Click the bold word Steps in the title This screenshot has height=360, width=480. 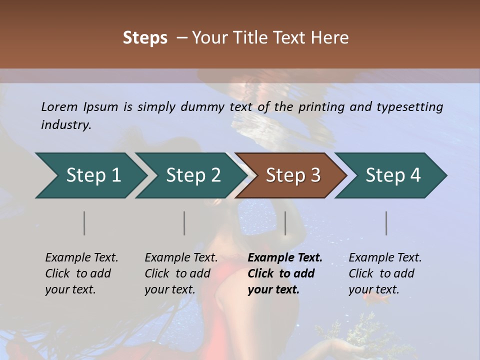[x=145, y=38]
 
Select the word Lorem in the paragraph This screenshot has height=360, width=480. [x=59, y=106]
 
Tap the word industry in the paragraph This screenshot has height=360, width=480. [x=66, y=125]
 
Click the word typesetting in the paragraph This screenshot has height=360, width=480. [x=406, y=106]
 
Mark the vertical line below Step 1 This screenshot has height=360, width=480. [x=84, y=223]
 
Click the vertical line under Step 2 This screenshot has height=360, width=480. [x=184, y=223]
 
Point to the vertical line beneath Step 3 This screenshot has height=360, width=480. [x=285, y=223]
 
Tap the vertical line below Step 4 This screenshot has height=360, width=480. [x=386, y=223]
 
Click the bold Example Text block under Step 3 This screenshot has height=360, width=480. [x=284, y=273]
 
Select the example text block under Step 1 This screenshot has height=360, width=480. [x=81, y=273]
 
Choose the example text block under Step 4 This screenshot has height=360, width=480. [x=384, y=273]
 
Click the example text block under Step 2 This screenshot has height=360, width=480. [x=181, y=273]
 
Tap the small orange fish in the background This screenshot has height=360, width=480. [x=373, y=298]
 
